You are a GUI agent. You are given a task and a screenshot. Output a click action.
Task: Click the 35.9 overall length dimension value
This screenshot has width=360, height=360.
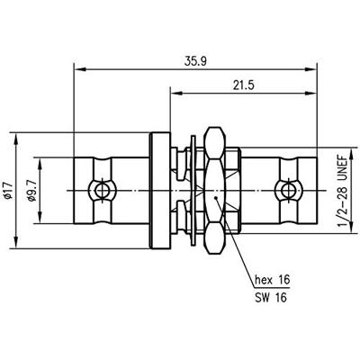195,61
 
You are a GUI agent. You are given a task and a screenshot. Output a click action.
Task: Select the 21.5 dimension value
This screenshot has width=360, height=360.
243,85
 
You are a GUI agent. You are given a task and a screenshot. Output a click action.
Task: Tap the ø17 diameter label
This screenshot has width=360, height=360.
8,191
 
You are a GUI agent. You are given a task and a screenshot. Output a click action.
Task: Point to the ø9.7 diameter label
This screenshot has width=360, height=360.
31,191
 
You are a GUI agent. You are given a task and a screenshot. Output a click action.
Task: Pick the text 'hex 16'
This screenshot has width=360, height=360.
273,280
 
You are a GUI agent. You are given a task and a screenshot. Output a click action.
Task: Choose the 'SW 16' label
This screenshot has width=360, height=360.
271,298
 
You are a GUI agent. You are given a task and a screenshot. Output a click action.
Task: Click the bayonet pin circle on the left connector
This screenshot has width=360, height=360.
103,190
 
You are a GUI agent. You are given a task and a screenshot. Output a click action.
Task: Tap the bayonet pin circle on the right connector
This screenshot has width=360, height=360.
288,190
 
